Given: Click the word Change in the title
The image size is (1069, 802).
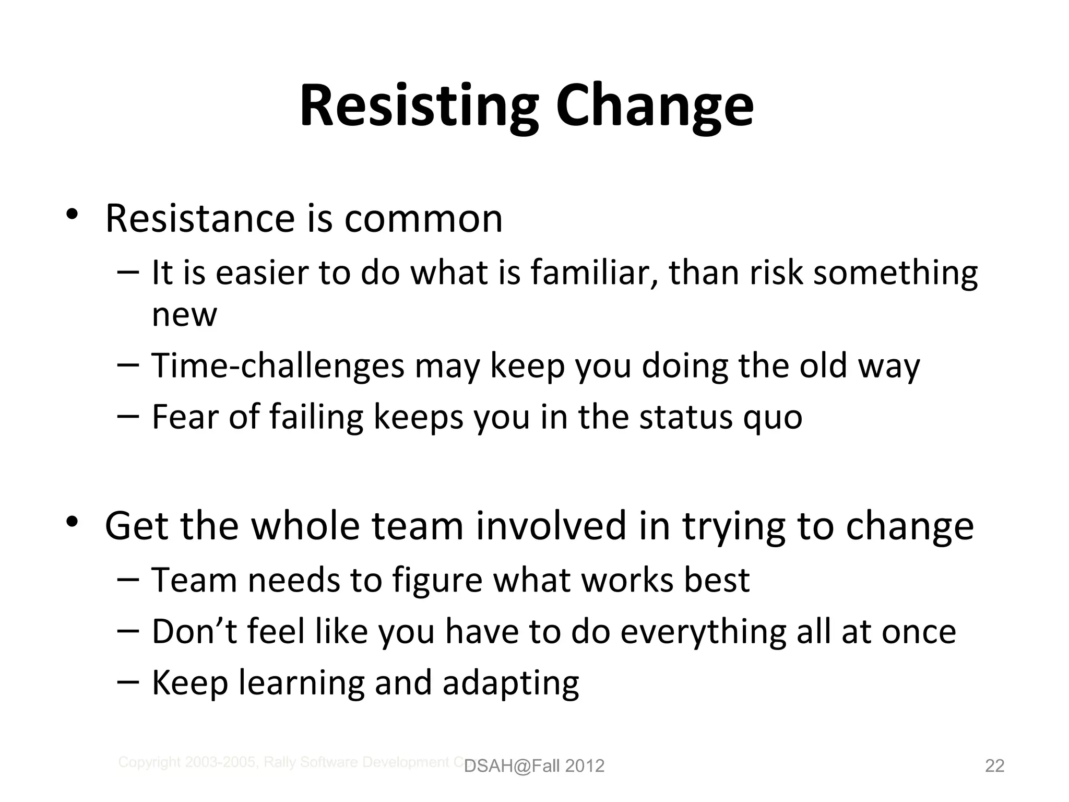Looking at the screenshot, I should pyautogui.click(x=655, y=107).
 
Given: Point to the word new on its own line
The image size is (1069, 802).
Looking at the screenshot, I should pyautogui.click(x=184, y=314).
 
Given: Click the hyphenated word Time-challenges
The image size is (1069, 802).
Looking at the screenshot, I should pyautogui.click(x=278, y=365).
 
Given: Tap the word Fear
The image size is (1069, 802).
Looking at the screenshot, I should pyautogui.click(x=184, y=417).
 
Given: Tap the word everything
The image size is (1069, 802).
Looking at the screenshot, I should pyautogui.click(x=703, y=632).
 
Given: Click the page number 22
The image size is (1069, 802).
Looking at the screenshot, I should pyautogui.click(x=994, y=765).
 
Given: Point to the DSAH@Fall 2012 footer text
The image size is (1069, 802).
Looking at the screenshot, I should pyautogui.click(x=534, y=766).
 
